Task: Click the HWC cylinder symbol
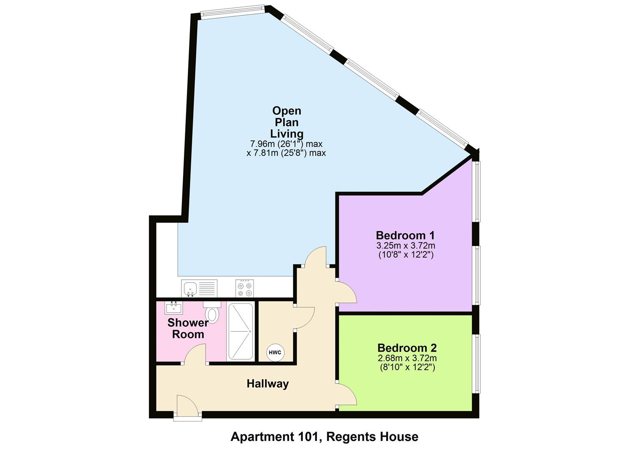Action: coord(275,352)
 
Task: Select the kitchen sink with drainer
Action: coord(199,288)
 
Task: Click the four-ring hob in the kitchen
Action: coord(245,288)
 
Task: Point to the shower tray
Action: coord(240,331)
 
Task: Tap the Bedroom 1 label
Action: coord(405,235)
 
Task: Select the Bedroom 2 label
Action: coord(407,348)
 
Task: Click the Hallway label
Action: coord(268,384)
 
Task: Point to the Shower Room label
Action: coord(188,328)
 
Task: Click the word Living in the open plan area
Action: coord(287,134)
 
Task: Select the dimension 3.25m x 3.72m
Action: coord(406,245)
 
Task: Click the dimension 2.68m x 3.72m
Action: coord(407,358)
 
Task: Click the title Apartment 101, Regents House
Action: coord(324,437)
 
